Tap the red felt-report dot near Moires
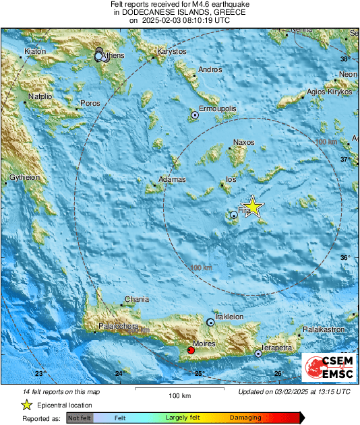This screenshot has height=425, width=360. coord(191,350)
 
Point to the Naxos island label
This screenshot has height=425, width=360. coord(243,143)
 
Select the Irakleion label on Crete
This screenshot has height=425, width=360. coord(229,317)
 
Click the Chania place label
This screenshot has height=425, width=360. coord(136,299)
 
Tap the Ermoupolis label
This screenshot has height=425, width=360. coord(217,108)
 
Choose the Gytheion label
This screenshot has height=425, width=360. coord(25,178)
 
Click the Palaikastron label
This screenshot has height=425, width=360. coord(324,330)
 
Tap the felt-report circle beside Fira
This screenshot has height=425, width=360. coord(233,215)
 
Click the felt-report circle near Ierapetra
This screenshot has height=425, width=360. coord(258,353)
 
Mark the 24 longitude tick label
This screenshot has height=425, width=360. coord(119,373)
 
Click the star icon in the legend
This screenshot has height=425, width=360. coord(26,405)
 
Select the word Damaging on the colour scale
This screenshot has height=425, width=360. coord(245,418)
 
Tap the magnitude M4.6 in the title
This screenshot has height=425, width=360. coord(193,5)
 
